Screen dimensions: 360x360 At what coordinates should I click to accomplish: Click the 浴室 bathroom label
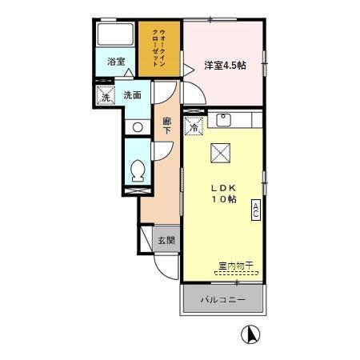tap(117, 61)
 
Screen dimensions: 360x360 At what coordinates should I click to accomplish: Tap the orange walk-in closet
tap(158, 50)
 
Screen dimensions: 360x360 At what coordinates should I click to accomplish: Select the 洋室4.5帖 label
tap(224, 65)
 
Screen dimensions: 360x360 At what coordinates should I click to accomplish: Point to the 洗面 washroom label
tap(133, 95)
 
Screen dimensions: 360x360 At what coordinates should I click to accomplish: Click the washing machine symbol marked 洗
tap(106, 96)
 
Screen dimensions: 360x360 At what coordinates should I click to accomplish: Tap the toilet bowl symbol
tap(137, 169)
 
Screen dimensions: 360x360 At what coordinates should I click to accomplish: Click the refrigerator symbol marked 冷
tap(194, 126)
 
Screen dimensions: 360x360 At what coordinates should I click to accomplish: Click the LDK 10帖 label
tap(224, 193)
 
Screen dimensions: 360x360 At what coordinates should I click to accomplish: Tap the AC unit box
tap(256, 210)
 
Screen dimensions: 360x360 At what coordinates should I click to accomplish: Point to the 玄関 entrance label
tap(166, 239)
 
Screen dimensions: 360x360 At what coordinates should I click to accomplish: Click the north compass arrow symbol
tap(250, 335)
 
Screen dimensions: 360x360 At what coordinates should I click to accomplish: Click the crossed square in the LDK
tap(221, 153)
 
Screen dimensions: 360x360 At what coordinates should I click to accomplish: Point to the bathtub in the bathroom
tap(115, 34)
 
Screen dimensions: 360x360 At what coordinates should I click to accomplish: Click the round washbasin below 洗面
tap(137, 126)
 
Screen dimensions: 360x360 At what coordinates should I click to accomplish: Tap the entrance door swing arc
tap(165, 266)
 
